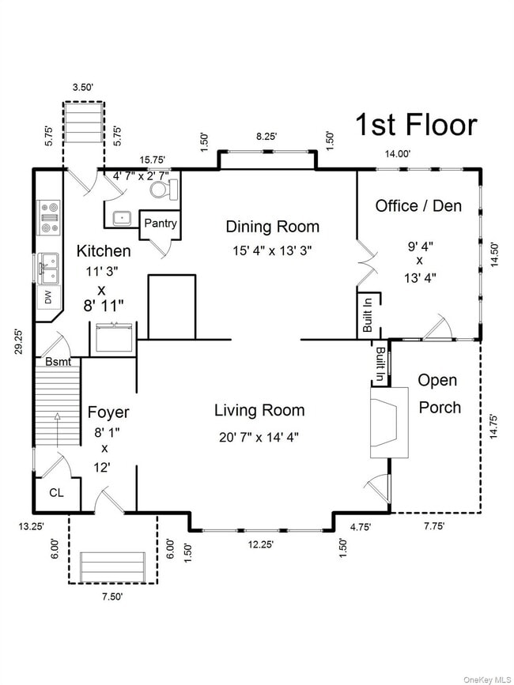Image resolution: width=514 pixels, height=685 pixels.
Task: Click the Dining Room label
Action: point(272,227)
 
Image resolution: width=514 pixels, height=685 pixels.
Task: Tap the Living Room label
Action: point(259,410)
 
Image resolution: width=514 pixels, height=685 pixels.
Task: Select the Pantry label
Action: point(161,224)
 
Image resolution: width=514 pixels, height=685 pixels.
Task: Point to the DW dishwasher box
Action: point(48,298)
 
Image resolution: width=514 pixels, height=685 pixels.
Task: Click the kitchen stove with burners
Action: point(48,218)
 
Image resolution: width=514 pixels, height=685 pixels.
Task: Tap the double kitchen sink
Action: point(48,269)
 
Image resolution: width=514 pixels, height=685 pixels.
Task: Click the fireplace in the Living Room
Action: point(389,423)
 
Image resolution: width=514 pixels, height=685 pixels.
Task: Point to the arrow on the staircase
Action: point(57,430)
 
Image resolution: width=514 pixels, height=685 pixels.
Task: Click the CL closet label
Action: point(56,493)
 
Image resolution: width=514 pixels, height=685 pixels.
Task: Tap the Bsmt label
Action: point(59,362)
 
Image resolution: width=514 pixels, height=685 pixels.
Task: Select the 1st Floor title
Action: point(416,125)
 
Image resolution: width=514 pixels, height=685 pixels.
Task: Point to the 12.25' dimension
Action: point(260,544)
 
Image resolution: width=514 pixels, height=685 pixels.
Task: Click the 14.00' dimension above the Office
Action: point(397,153)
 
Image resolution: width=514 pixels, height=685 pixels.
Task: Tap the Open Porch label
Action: point(439,393)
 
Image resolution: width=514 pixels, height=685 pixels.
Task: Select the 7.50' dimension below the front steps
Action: point(112,597)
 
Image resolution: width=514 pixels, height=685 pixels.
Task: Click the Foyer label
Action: point(108,412)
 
